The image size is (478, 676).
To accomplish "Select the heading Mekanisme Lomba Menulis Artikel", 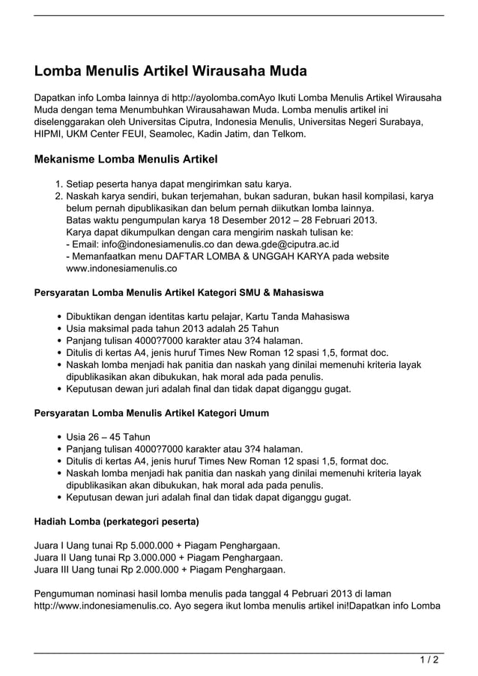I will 126,160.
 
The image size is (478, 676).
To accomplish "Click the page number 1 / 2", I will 429,660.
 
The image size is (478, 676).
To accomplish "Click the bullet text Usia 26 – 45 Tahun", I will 108,437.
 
